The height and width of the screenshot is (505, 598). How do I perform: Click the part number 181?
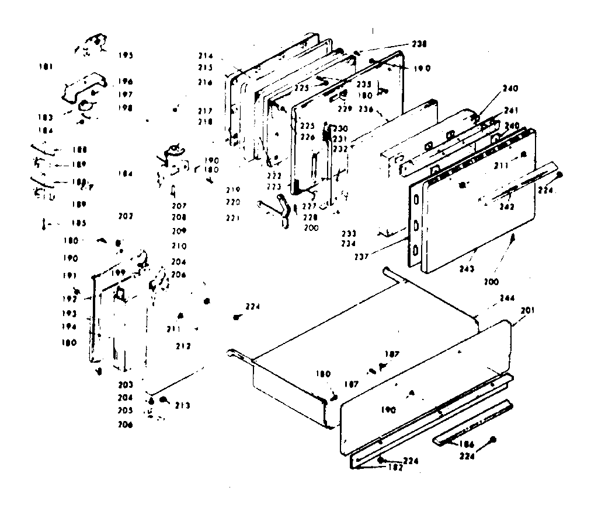[x=46, y=67]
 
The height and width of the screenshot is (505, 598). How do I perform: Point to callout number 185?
[x=79, y=223]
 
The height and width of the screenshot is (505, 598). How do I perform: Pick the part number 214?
[x=205, y=56]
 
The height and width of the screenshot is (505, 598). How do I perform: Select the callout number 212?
[x=183, y=346]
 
